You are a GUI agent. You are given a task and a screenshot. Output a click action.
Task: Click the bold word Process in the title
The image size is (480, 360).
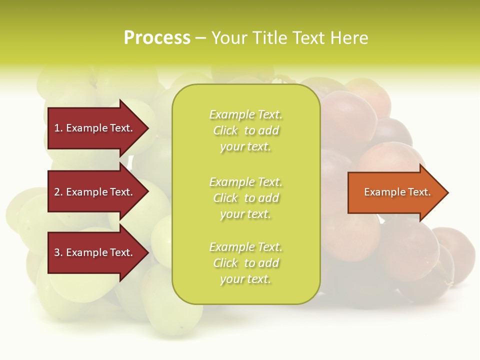(157, 38)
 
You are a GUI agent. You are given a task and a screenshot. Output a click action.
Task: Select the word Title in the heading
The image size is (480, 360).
(271, 38)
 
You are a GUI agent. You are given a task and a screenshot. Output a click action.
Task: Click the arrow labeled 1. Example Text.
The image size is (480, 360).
(95, 128)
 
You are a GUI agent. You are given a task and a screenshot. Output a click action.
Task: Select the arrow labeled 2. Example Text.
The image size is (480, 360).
(95, 192)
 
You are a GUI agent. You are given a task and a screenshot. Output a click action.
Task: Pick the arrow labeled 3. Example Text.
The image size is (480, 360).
(95, 252)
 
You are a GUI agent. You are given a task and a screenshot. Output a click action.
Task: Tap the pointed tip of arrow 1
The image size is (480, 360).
(147, 128)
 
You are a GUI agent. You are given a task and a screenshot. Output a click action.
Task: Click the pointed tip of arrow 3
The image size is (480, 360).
(147, 252)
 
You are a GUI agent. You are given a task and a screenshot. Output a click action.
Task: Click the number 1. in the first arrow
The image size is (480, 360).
(58, 128)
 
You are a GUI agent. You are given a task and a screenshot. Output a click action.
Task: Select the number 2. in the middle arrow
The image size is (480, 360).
(58, 192)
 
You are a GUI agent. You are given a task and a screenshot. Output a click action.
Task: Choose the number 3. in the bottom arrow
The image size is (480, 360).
(58, 252)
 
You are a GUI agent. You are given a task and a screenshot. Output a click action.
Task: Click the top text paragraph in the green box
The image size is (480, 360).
(245, 130)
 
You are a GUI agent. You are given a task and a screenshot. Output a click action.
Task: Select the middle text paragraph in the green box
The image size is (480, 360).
(245, 197)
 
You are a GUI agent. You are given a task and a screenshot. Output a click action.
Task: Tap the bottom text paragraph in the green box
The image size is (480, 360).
(245, 263)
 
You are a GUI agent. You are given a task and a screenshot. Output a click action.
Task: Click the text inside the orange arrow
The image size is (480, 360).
(397, 192)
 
